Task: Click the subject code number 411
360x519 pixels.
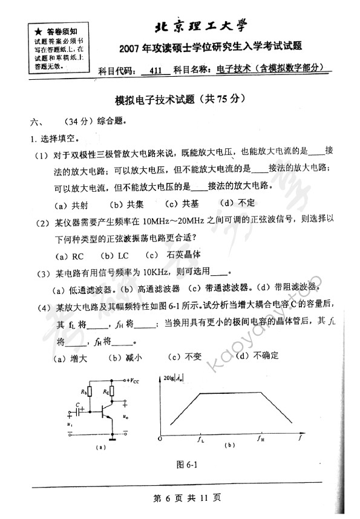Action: pos(155,70)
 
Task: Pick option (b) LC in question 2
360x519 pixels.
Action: pos(116,255)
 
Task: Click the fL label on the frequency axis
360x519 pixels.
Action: pos(202,440)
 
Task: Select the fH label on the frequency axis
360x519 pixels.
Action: pos(260,440)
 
